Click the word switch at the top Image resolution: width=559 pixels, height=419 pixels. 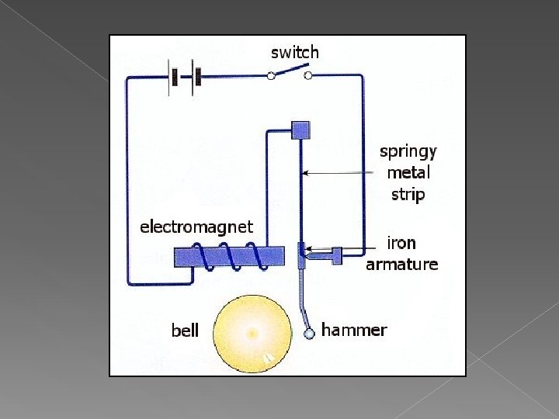coord(294,52)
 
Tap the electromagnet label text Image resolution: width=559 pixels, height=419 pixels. coord(196,227)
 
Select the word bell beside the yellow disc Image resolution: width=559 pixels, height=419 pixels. coord(185,331)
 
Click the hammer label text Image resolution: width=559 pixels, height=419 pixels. coord(353,330)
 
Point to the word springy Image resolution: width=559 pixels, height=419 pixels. coord(408,151)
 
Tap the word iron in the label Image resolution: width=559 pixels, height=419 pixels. coord(401,243)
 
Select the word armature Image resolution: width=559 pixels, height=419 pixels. coord(401,264)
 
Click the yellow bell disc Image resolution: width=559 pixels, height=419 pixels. coord(252,334)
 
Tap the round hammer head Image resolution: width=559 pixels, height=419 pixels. coord(308,333)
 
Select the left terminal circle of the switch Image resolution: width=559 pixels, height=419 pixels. coord(271,75)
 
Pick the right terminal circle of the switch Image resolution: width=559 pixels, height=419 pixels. coord(308,75)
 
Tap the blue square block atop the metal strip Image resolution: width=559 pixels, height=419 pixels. coord(300,130)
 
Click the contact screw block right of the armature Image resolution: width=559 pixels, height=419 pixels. coord(337,254)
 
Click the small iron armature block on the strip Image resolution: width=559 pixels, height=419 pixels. coord(301,254)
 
